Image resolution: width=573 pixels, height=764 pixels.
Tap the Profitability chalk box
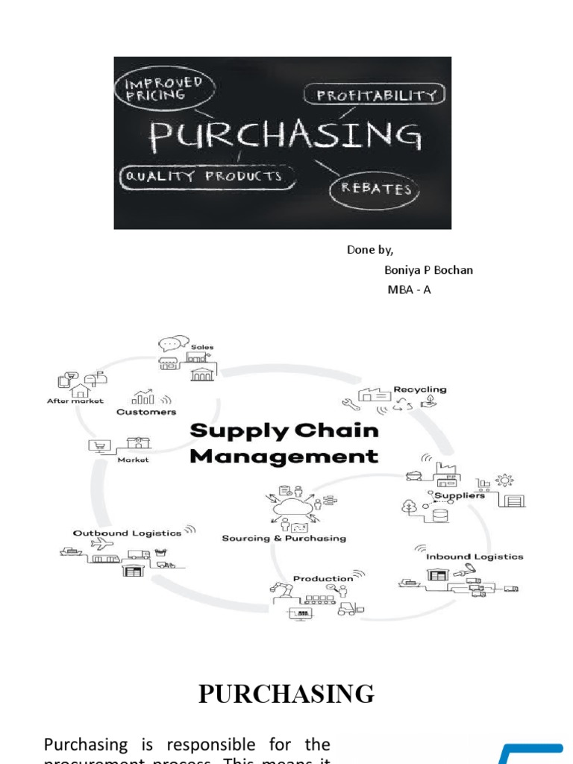(x=375, y=95)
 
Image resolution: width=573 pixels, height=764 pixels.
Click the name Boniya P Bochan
(x=428, y=270)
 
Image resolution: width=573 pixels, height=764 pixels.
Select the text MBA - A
(x=409, y=289)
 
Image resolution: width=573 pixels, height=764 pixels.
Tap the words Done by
(x=370, y=250)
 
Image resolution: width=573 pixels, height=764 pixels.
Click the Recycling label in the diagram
(x=420, y=389)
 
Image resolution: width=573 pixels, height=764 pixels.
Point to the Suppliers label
(x=460, y=495)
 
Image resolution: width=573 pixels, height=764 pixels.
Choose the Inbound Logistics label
(x=475, y=556)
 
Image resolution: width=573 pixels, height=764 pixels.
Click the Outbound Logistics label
(x=127, y=533)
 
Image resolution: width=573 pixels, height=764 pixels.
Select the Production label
(x=323, y=578)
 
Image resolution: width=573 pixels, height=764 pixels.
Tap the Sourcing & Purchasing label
(x=284, y=538)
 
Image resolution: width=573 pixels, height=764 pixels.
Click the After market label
(x=75, y=401)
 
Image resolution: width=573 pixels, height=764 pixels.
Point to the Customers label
(x=146, y=411)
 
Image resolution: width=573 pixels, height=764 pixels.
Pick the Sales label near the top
(x=201, y=347)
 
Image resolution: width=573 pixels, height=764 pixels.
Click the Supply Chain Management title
(x=284, y=443)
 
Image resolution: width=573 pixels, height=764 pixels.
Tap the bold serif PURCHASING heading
(x=286, y=694)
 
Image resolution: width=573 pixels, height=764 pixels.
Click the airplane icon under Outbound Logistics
(x=98, y=545)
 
